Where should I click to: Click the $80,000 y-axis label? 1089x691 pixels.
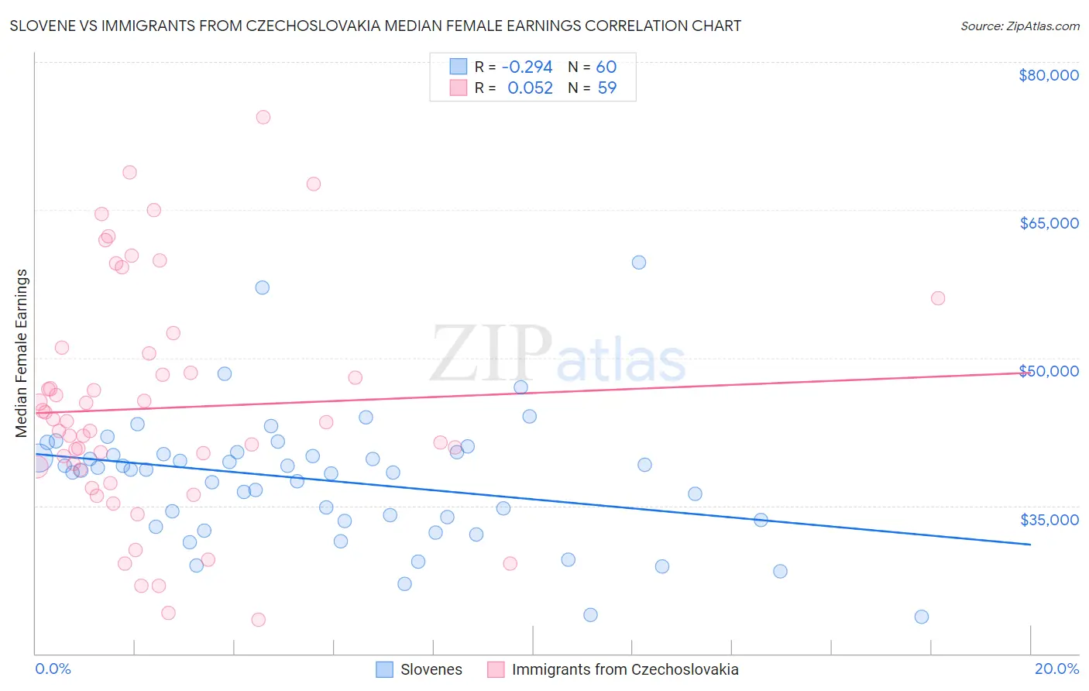coord(1049,75)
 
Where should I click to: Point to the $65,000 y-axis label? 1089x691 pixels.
coord(1049,223)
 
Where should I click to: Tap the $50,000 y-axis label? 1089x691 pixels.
coord(1049,371)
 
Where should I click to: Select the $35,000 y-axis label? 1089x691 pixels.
coord(1049,520)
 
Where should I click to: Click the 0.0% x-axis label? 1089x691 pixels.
coord(53,669)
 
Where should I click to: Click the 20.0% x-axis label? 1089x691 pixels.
coord(1056,669)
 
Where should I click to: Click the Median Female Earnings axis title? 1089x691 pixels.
coord(22,353)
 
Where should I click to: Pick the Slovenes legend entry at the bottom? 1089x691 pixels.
coord(431,669)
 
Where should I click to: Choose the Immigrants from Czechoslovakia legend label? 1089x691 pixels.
coord(624,669)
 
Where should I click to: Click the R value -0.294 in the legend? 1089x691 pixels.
coord(527,67)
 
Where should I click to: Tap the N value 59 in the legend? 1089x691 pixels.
coord(607,88)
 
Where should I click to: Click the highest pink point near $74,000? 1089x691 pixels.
coord(263,117)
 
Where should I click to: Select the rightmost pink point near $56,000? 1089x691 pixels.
coord(938,298)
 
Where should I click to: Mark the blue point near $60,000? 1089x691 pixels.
coord(639,263)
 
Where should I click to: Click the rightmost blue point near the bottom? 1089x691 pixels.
coord(922,617)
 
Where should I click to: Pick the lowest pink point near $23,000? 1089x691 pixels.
coord(259,620)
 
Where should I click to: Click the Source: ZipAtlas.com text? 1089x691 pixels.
coord(1019,26)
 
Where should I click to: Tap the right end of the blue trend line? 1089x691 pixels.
coord(1030,545)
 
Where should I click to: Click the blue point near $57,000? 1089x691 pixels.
coord(263,287)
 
